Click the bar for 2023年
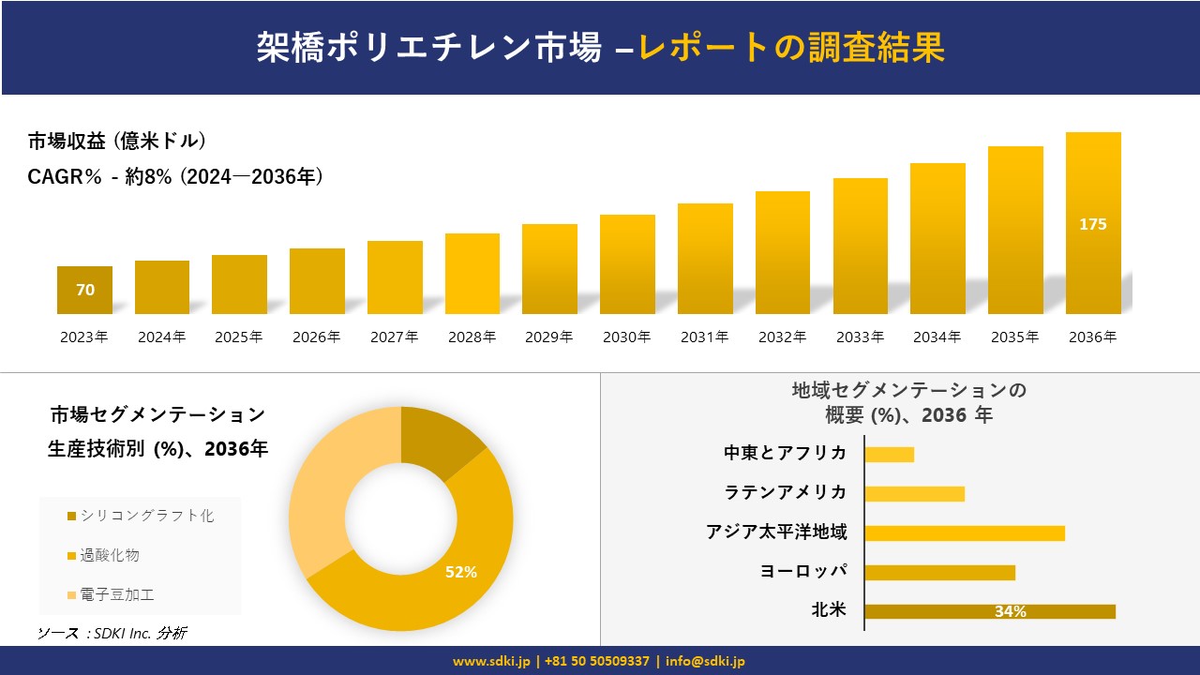(84, 291)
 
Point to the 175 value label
(1093, 224)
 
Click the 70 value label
(85, 290)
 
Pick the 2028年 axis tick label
(472, 337)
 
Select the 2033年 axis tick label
(860, 337)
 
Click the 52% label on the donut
(461, 572)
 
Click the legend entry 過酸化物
(110, 555)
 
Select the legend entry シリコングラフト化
(146, 516)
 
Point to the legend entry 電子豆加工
(117, 594)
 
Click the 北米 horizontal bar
(989, 611)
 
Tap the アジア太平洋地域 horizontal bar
(965, 532)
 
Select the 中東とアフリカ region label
(786, 453)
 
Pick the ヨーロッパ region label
(803, 571)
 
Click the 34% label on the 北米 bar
(1010, 611)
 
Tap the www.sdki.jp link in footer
(491, 661)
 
